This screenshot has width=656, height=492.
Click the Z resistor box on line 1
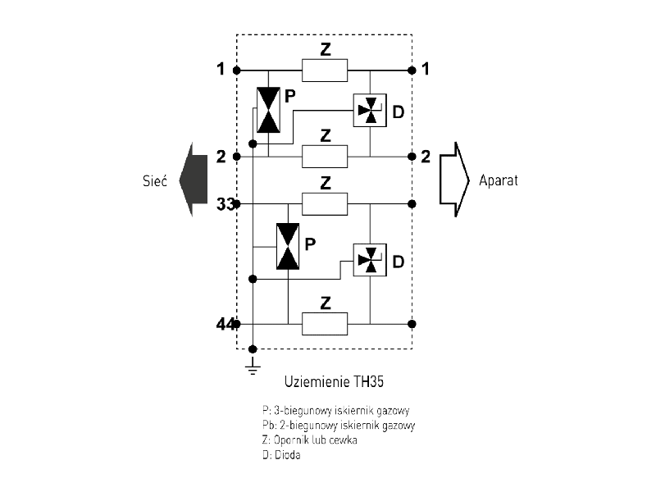pos(325,71)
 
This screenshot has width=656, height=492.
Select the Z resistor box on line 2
pos(325,156)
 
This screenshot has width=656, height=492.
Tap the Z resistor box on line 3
pos(325,202)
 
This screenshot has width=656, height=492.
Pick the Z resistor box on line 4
pos(325,324)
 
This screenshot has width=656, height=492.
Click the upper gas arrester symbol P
pos(268,110)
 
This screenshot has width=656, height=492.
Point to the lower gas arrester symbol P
pos(288,245)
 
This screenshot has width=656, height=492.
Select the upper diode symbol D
pos(369,110)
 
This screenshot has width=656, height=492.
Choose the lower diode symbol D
pos(369,260)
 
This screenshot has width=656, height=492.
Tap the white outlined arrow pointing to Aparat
pos(453,179)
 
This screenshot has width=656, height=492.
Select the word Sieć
pos(153,180)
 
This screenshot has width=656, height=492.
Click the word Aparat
pos(498,180)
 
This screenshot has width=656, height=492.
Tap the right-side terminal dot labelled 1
pos(412,71)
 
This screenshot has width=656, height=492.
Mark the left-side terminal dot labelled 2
pos(237,156)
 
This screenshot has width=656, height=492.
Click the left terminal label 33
pos(225,203)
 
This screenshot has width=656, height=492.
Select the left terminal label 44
pos(225,325)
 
